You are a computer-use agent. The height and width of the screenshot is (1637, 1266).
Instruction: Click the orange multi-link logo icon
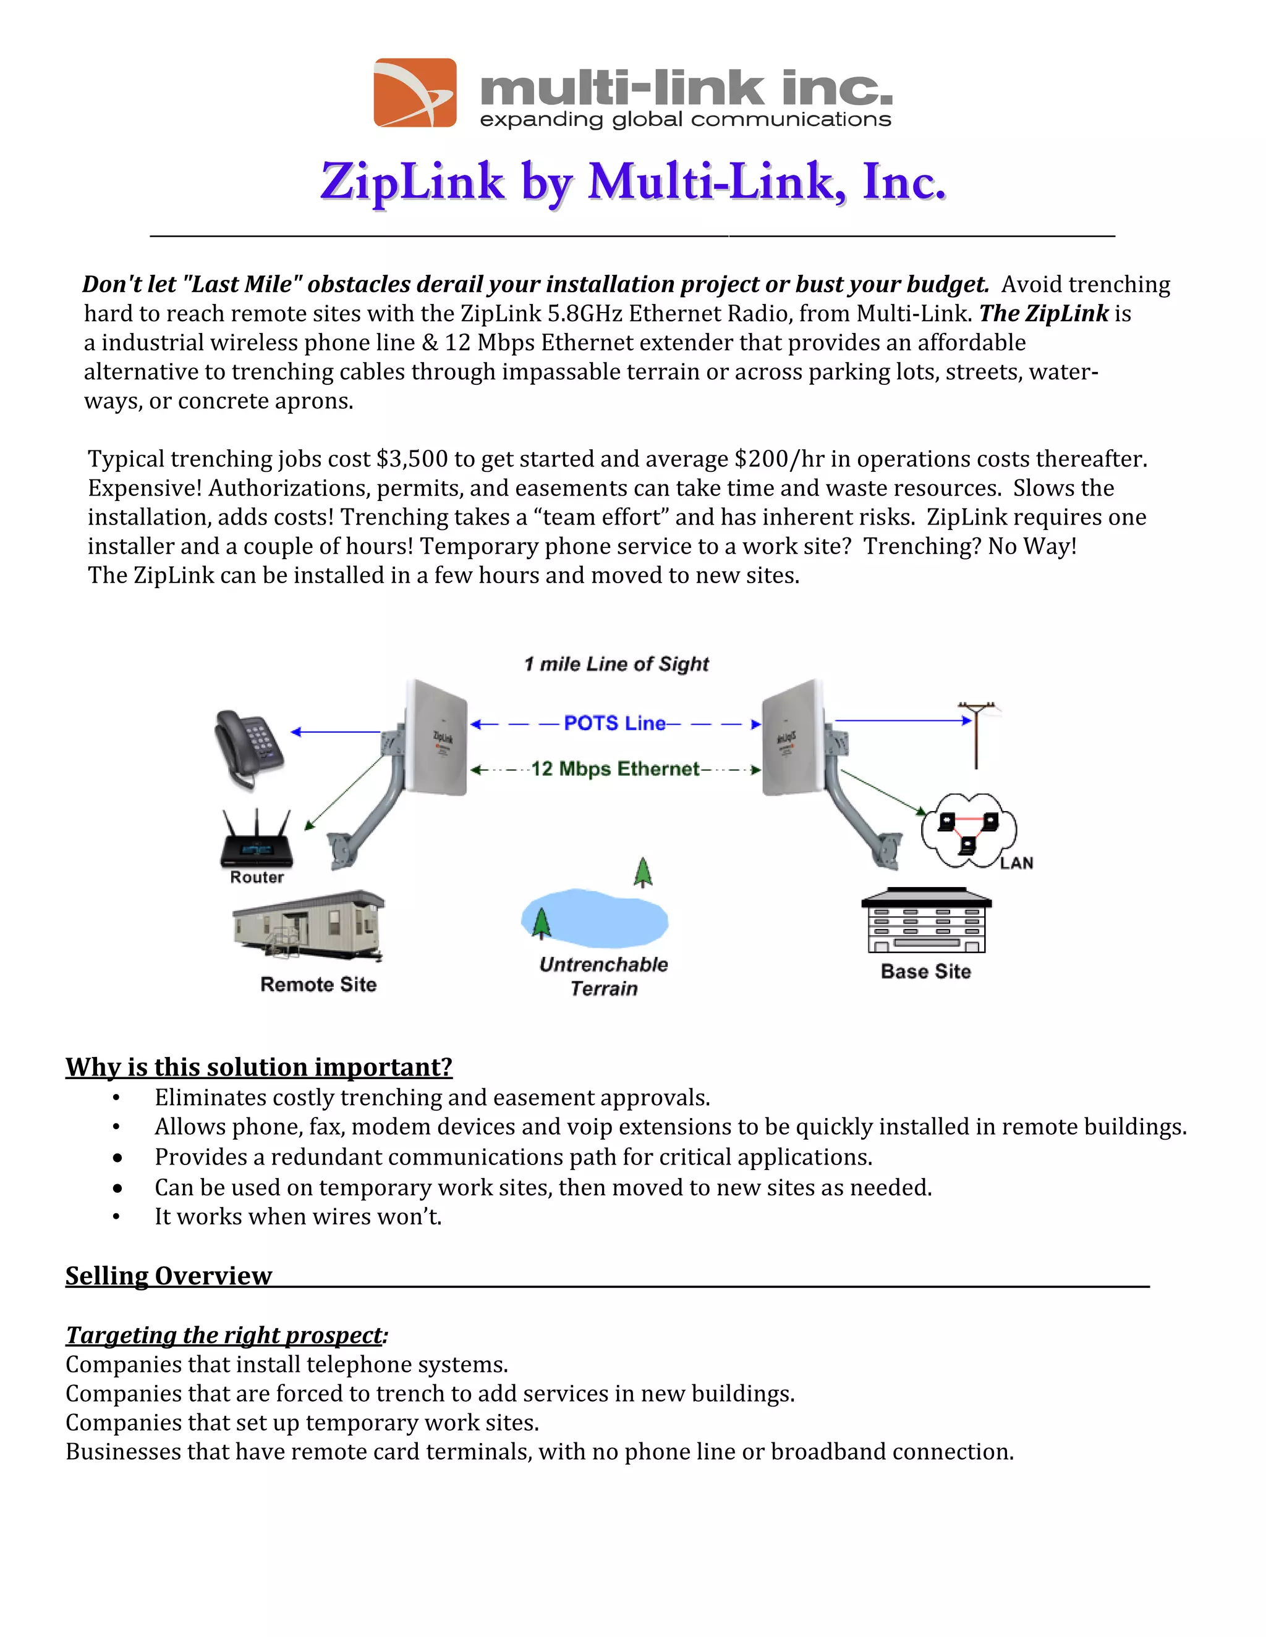pos(415,93)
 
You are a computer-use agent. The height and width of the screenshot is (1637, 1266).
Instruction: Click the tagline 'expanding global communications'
pos(685,120)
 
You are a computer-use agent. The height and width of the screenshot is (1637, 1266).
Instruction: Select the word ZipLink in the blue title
pos(412,182)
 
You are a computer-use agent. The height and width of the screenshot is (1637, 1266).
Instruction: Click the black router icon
pos(257,840)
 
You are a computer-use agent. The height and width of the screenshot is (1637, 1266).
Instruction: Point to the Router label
pos(257,877)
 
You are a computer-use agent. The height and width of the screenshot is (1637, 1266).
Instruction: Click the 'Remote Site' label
pos(318,984)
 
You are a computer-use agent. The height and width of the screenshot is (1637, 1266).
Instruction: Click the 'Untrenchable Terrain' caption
pos(604,976)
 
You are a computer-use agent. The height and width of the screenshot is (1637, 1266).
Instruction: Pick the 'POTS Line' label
pos(614,723)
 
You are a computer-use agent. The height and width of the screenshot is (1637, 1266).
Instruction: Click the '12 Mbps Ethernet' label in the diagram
pos(615,769)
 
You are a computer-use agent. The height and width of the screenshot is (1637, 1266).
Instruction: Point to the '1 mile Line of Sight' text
pos(616,664)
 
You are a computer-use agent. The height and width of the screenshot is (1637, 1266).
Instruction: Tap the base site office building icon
pos(926,920)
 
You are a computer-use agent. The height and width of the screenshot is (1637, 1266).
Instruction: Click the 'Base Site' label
pos(925,972)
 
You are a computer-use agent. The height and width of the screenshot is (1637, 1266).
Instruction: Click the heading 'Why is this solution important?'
pos(259,1067)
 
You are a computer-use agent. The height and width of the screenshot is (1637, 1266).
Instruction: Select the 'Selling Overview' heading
pos(169,1276)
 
